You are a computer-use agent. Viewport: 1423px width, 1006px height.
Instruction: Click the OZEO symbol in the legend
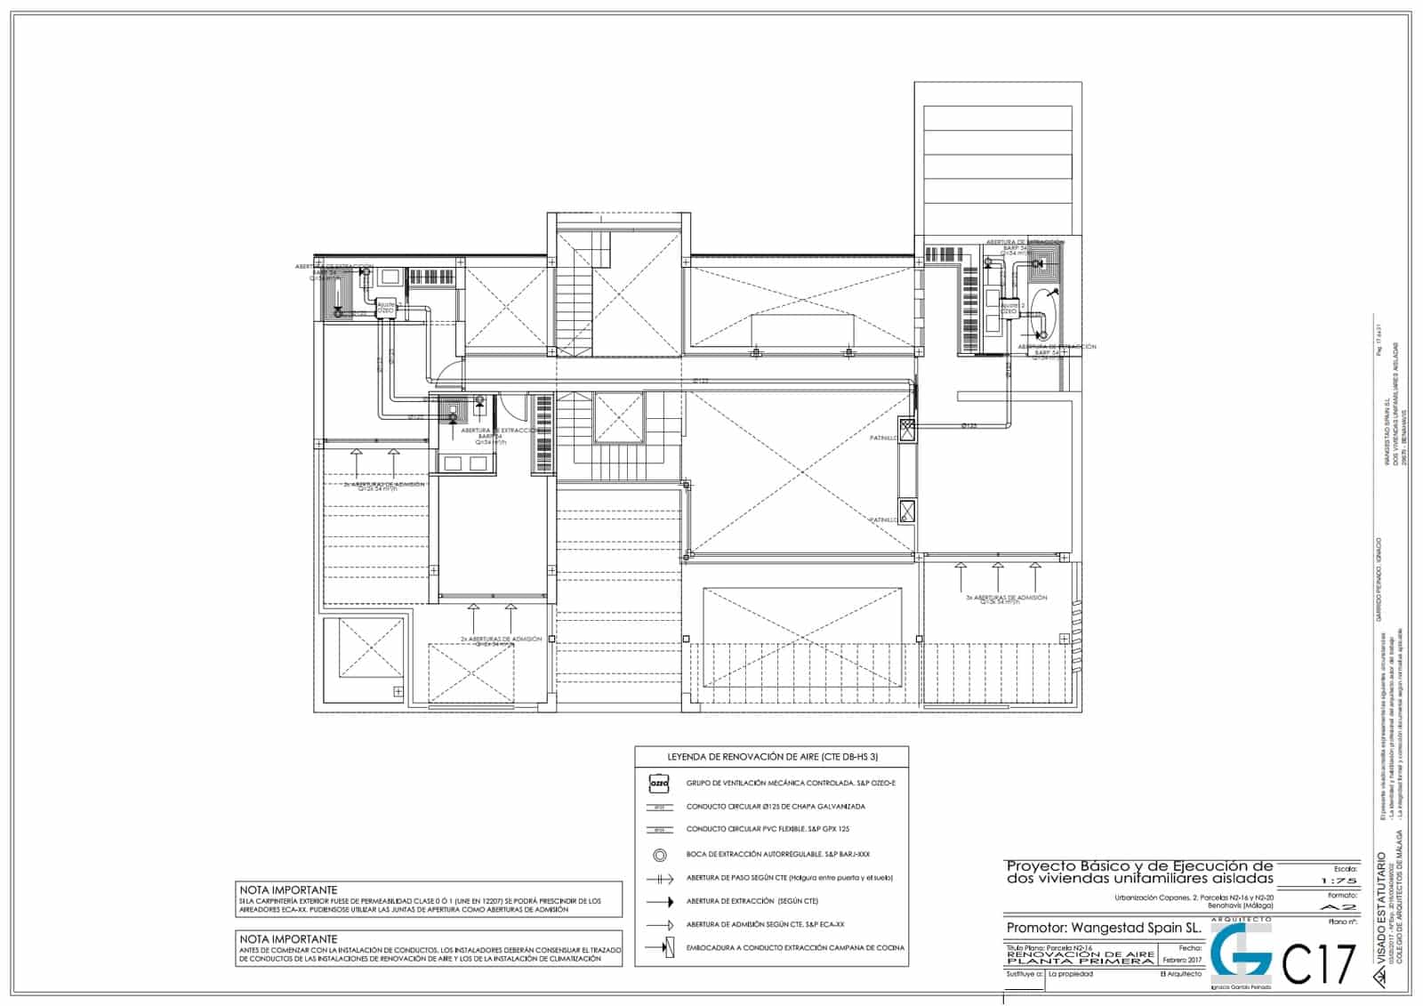click(x=658, y=784)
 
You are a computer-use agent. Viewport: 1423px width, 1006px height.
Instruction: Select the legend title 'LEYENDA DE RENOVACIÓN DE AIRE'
click(x=772, y=757)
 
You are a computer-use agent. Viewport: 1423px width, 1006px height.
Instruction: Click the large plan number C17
click(x=1320, y=965)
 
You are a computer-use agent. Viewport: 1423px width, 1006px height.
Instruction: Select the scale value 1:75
click(x=1340, y=880)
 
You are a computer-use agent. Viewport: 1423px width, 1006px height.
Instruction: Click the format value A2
click(x=1340, y=906)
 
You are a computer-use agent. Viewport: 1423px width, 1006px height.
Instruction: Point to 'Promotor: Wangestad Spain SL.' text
click(x=1103, y=928)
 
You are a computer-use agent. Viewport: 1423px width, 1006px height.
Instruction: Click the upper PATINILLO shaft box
click(x=907, y=431)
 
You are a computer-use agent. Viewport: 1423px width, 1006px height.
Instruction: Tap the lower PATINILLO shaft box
click(x=907, y=511)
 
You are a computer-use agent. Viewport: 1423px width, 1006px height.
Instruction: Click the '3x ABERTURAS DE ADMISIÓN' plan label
click(x=1006, y=598)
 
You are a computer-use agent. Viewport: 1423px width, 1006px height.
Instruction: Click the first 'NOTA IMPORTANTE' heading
click(x=287, y=889)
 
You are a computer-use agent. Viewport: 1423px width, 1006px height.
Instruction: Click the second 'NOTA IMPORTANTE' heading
click(x=287, y=938)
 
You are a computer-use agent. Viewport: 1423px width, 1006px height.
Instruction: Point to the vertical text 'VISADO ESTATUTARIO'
click(x=1379, y=916)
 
